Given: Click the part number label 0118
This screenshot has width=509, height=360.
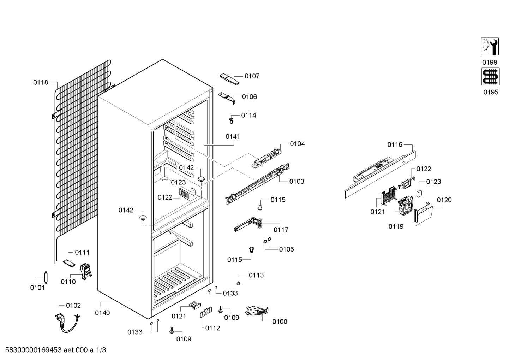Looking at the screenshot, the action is [41, 82].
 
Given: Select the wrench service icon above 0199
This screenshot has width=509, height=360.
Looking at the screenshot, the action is [490, 46].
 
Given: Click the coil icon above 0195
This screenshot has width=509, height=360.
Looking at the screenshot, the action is [490, 77].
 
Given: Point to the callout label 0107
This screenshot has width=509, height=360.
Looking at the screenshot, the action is [252, 76].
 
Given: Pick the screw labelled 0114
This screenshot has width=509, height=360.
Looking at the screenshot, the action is [231, 120].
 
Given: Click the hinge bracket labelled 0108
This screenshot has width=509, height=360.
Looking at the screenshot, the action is [257, 311].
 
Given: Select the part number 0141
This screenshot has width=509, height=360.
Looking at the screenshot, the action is [233, 137].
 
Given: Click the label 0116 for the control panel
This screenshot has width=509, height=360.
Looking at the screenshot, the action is [395, 144].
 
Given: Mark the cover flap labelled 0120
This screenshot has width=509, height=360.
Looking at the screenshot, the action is [423, 213].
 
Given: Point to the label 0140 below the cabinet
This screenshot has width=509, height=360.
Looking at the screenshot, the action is [102, 313].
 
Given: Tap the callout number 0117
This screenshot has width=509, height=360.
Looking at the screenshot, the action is [281, 230].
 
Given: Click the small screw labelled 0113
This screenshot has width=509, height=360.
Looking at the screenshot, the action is [239, 283].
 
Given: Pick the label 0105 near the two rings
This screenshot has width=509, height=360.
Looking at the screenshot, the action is [286, 249].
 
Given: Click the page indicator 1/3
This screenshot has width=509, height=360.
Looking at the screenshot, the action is [101, 350].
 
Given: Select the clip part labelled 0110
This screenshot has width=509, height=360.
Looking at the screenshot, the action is [86, 271].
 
